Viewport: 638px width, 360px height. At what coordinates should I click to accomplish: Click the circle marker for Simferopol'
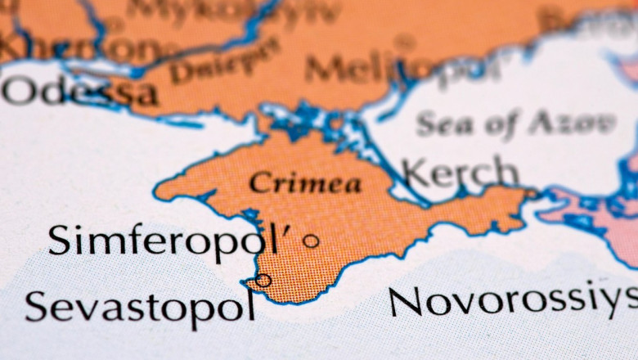311,241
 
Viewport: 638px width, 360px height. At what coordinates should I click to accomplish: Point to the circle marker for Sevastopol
263,280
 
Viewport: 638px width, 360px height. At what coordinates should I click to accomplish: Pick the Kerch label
461,173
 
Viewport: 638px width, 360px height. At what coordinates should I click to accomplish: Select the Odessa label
79,92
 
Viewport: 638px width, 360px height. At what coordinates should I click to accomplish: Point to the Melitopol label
401,68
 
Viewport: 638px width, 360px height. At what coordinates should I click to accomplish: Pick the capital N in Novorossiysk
406,301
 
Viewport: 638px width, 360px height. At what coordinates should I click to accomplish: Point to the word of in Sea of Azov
500,124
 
